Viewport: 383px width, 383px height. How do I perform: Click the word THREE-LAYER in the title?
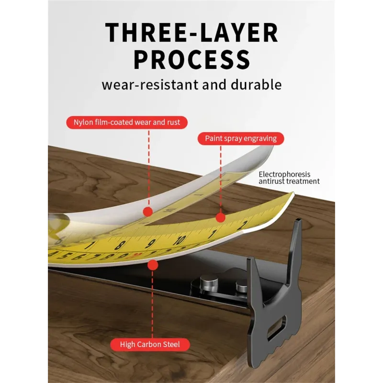[x=192, y=33]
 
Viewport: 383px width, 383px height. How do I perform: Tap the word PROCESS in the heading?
[x=192, y=59]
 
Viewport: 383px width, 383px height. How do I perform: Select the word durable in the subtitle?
[x=256, y=85]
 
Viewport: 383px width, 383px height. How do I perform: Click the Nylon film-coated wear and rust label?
[x=127, y=123]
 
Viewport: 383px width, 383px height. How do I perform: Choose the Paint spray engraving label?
[x=241, y=138]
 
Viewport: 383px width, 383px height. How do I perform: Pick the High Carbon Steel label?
[x=150, y=344]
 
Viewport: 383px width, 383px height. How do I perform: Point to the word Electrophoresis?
[x=284, y=174]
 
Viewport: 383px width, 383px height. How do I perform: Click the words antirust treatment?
[x=289, y=181]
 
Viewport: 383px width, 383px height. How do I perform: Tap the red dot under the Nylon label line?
[x=148, y=212]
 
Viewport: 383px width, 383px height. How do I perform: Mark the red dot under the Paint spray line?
[x=221, y=217]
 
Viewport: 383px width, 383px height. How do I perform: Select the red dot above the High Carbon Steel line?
[x=153, y=265]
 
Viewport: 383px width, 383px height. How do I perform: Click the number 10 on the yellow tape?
[x=180, y=240]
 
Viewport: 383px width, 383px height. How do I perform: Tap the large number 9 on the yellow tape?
[x=151, y=244]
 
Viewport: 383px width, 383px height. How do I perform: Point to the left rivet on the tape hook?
[x=209, y=282]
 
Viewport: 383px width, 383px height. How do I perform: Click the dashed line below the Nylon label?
[x=149, y=169]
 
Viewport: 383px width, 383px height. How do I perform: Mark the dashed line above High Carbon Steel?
[x=152, y=304]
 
